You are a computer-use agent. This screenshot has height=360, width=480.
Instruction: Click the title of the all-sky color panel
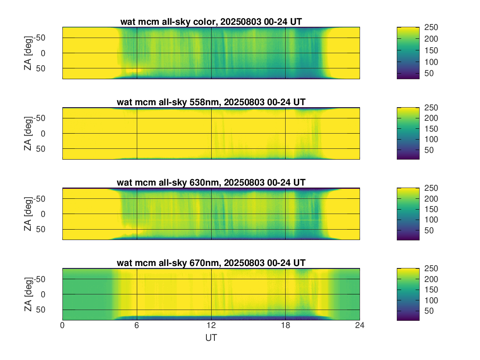[x=211, y=22]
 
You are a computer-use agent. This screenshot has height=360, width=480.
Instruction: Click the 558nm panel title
[x=211, y=102]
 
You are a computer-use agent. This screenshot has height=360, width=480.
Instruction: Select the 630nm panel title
[x=211, y=183]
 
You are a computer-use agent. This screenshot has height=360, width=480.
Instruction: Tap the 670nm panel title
[x=211, y=263]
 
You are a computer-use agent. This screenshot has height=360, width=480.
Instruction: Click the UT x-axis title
[x=211, y=338]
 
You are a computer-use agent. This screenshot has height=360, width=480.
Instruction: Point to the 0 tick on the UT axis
[x=62, y=326]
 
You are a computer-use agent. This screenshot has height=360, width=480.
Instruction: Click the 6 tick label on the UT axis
[x=137, y=326]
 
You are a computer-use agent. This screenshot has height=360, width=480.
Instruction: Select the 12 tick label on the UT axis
[x=211, y=326]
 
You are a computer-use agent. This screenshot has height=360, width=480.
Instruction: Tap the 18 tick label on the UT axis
[x=285, y=326]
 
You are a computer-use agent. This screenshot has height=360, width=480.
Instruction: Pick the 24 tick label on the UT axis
[x=360, y=326]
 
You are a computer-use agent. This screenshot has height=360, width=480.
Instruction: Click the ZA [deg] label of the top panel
[x=28, y=53]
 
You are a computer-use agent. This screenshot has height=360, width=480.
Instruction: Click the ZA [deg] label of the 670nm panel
[x=28, y=294]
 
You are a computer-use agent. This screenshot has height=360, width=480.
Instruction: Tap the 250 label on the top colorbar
[x=431, y=27]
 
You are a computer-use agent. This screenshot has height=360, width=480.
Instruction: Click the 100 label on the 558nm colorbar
[x=431, y=139]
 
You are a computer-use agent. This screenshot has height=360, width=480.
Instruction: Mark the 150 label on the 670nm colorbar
[x=431, y=290]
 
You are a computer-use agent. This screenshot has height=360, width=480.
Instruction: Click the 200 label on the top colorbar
[x=431, y=39]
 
